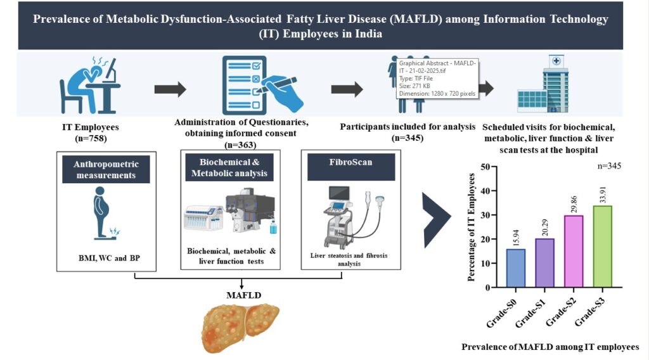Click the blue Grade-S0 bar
point(517,267)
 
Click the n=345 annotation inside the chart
point(608,166)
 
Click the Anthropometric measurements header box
point(106,169)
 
